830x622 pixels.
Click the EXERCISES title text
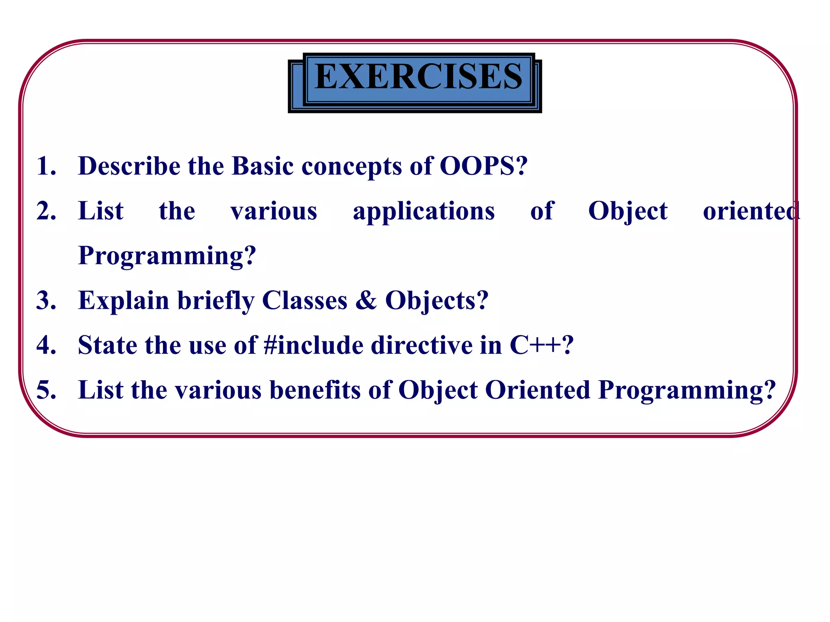coord(418,77)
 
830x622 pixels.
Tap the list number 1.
coord(45,166)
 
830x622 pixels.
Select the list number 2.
coord(45,211)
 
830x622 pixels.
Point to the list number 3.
coord(45,300)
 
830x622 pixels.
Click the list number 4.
coord(45,345)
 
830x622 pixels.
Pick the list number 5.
coord(45,390)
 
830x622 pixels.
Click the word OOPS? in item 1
coord(483,166)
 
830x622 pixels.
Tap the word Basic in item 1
coord(262,166)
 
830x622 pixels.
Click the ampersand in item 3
coord(366,300)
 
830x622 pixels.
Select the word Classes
coord(305,300)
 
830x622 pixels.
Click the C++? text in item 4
coord(541,345)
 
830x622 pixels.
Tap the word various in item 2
coord(274,211)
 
